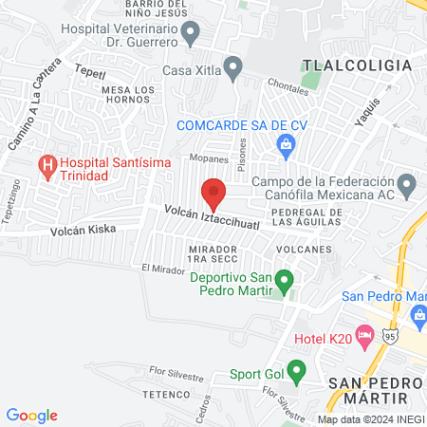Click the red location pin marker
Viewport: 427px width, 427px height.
tap(213, 194)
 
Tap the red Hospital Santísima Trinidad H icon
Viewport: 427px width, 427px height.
tap(46, 168)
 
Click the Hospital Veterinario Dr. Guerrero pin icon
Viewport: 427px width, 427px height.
tap(191, 35)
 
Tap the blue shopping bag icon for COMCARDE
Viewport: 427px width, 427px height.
tap(284, 144)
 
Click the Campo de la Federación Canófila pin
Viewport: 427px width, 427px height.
tap(407, 182)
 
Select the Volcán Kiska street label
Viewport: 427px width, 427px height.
tap(83, 230)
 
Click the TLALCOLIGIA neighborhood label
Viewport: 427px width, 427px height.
tap(357, 65)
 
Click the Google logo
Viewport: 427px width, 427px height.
tap(31, 415)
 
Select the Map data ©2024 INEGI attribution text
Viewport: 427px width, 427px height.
tap(369, 419)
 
